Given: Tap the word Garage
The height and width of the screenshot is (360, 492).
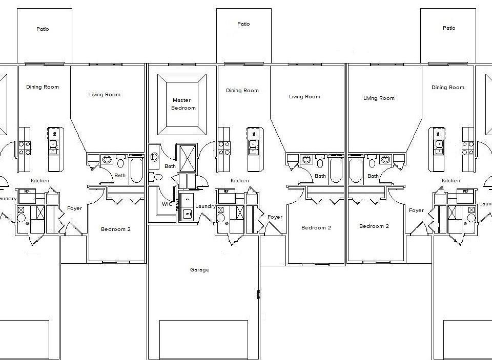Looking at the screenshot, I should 199,270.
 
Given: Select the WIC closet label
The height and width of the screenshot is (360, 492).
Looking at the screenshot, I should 167,204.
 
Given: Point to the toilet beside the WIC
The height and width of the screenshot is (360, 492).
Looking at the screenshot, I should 156,177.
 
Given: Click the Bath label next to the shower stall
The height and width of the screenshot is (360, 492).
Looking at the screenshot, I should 170,166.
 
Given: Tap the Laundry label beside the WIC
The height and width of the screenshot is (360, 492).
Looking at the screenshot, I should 205,206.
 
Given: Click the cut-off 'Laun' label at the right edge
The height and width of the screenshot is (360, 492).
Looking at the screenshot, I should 485,204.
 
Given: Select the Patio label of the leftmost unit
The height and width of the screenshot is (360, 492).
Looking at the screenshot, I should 43,29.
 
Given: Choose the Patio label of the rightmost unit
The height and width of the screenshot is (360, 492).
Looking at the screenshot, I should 448,28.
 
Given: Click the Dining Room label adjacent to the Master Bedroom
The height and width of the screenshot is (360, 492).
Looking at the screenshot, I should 242,91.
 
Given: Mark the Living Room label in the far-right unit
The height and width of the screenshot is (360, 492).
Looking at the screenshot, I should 379,98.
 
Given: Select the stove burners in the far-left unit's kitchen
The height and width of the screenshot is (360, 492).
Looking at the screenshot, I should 25,149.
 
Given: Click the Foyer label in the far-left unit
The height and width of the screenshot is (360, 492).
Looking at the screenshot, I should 74,208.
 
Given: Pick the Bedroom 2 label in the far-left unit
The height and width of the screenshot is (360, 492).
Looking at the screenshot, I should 115,229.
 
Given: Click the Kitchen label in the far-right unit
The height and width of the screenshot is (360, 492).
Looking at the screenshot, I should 450,181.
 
